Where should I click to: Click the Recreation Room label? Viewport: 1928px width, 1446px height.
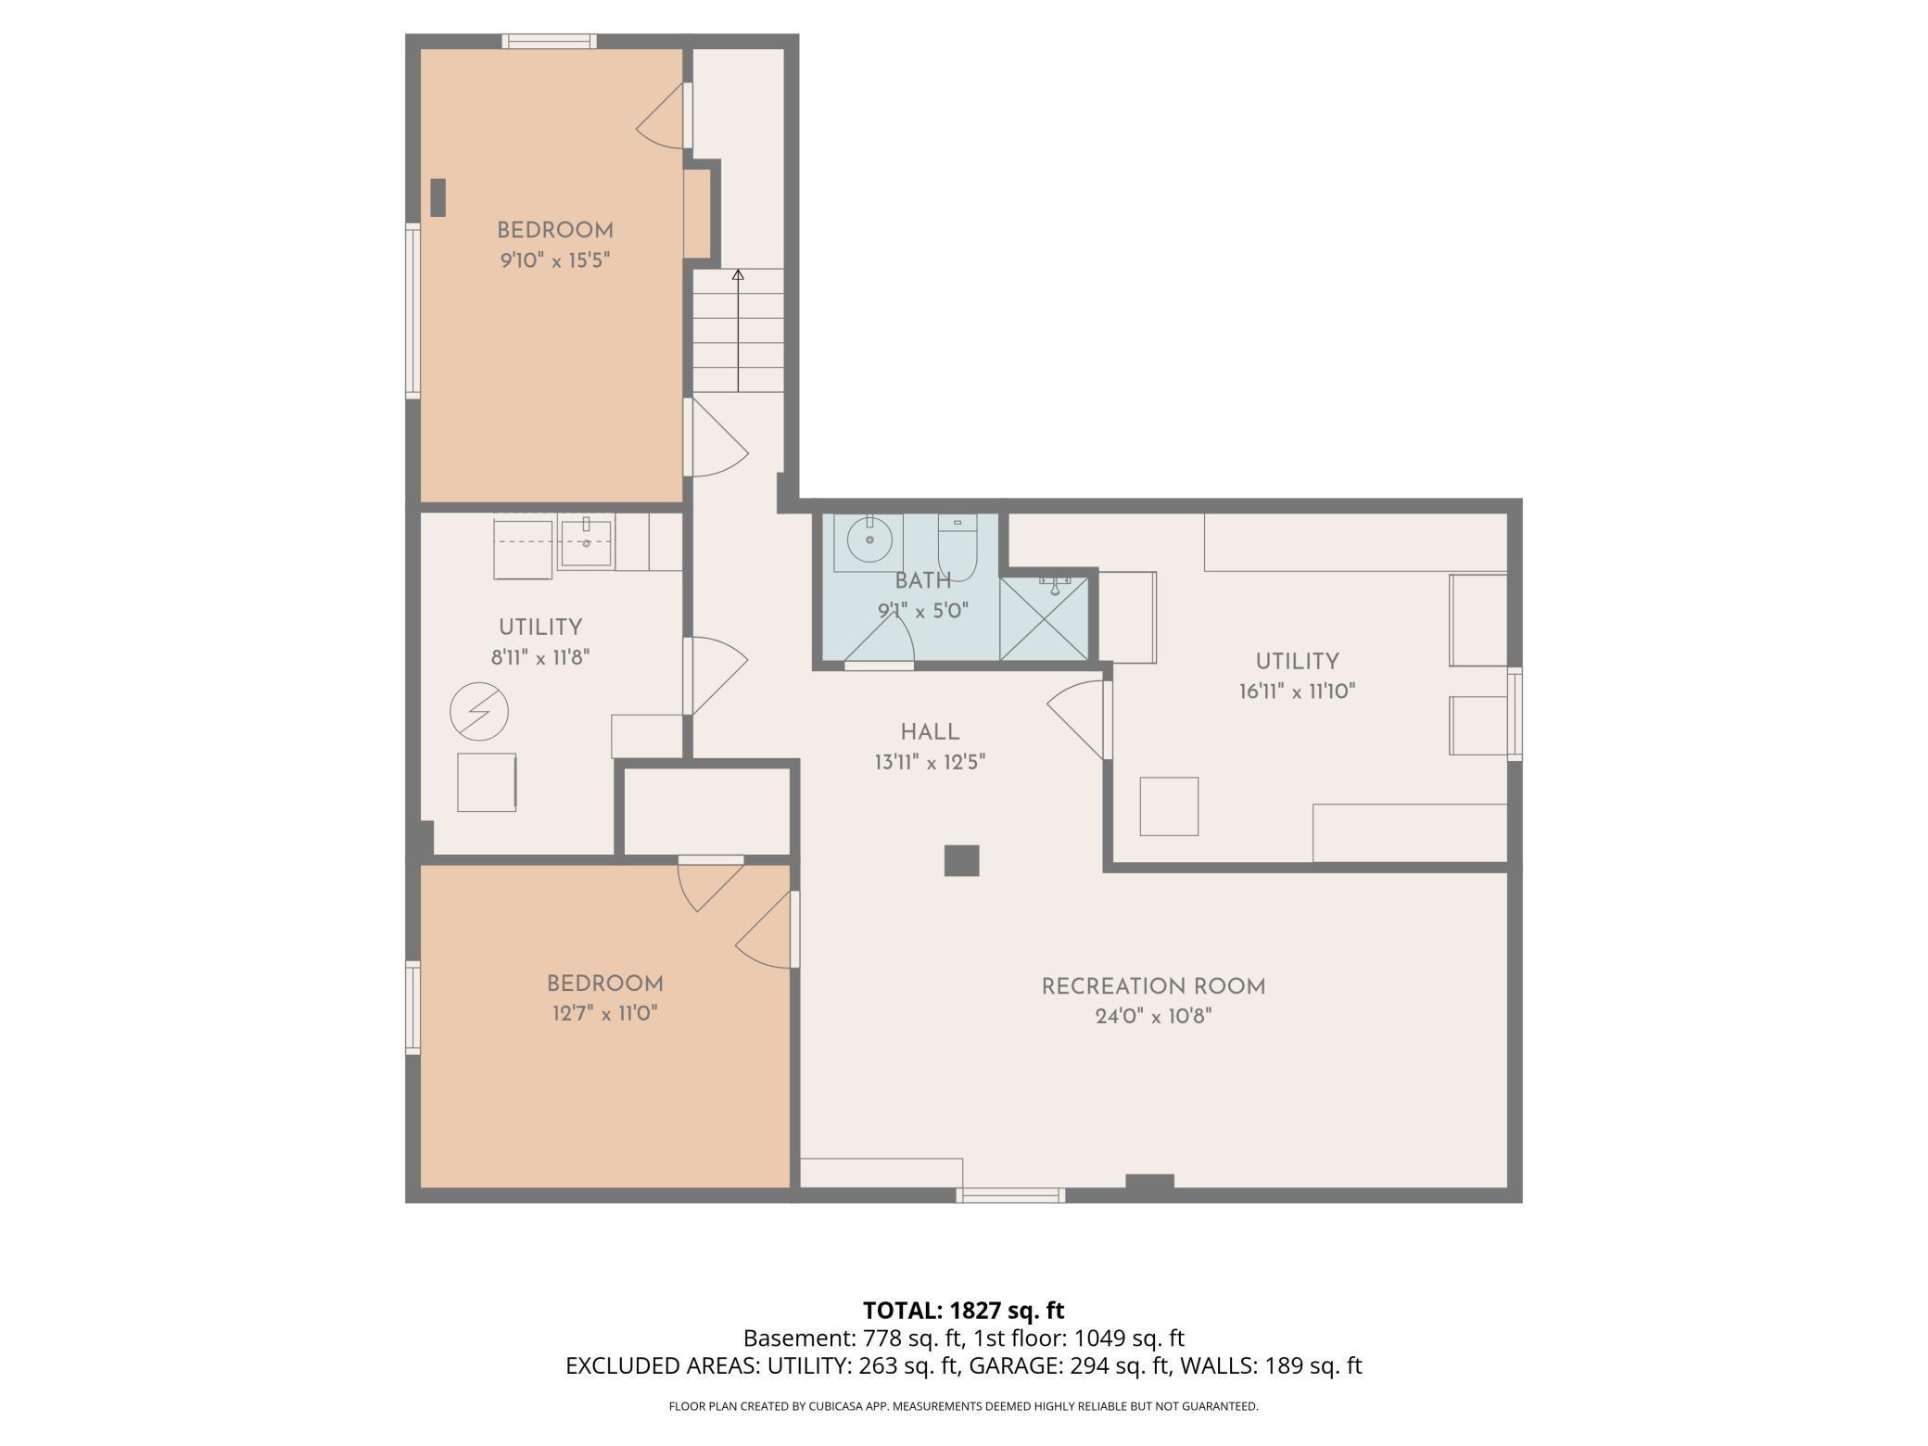click(1153, 987)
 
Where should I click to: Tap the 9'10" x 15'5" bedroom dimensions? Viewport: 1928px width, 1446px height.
click(554, 260)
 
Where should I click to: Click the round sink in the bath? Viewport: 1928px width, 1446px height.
click(869, 539)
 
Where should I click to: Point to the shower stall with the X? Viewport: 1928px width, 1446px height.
click(1044, 618)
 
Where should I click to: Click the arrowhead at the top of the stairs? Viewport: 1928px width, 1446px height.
click(738, 274)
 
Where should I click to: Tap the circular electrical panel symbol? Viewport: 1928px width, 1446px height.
click(479, 712)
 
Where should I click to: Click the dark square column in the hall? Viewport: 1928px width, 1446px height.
click(961, 860)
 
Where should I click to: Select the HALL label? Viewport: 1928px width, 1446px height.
click(930, 732)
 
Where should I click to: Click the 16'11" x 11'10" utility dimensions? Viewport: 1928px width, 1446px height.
click(1297, 691)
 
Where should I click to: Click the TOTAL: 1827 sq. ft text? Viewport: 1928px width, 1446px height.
click(963, 1311)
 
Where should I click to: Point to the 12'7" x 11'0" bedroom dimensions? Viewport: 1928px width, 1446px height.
click(605, 1013)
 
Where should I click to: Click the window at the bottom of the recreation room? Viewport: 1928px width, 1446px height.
click(1010, 1195)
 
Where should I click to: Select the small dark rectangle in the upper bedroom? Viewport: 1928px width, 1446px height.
click(438, 197)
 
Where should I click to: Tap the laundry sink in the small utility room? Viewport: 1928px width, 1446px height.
click(585, 545)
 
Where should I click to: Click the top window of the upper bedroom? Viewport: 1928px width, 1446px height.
click(549, 41)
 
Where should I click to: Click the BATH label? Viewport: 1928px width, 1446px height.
click(922, 581)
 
